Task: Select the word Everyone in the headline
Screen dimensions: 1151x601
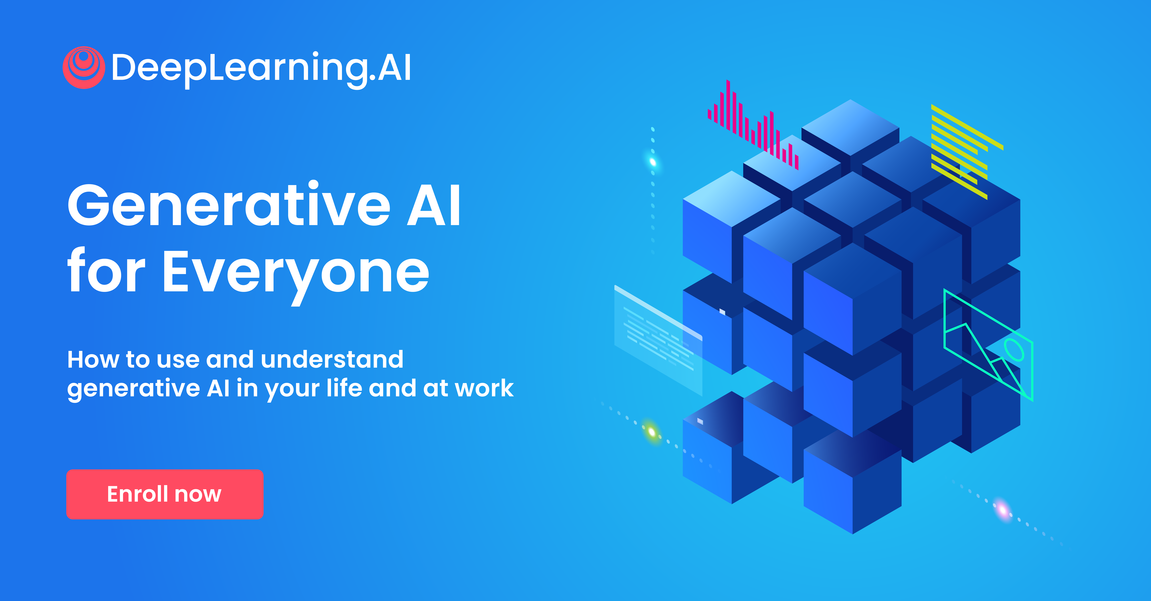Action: [296, 274]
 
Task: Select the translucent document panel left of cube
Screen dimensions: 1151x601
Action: [658, 340]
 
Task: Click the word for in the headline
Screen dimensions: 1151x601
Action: [106, 271]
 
